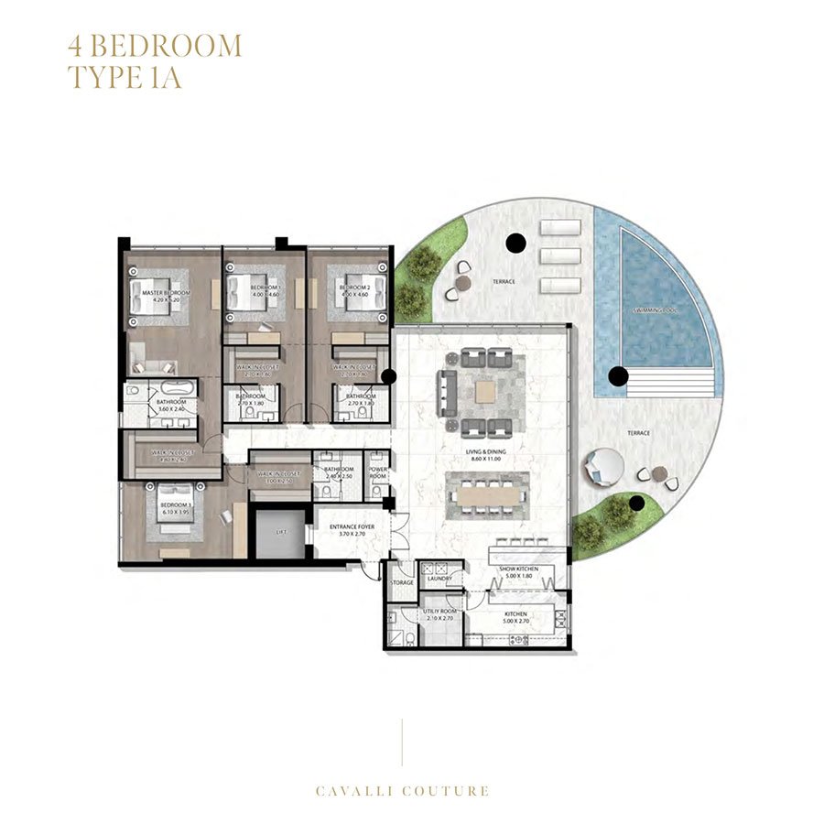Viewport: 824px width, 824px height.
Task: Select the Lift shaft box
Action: pos(278,533)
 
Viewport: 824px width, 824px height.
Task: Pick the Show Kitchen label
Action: pos(518,569)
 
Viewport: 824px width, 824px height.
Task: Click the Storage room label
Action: pos(401,582)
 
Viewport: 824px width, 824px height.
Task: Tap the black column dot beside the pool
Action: pos(619,374)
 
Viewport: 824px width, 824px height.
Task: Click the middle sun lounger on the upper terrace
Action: pos(560,256)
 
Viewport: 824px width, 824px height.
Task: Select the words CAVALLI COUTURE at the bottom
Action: pos(403,791)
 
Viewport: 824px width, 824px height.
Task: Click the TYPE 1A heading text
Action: pos(125,76)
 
